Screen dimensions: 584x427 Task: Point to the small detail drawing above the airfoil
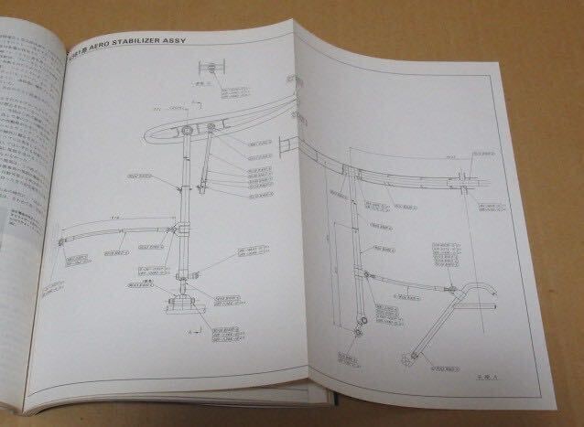pos(211,69)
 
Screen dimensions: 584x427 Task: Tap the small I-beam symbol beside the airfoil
pos(286,145)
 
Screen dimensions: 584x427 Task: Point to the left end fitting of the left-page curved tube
pos(59,240)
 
